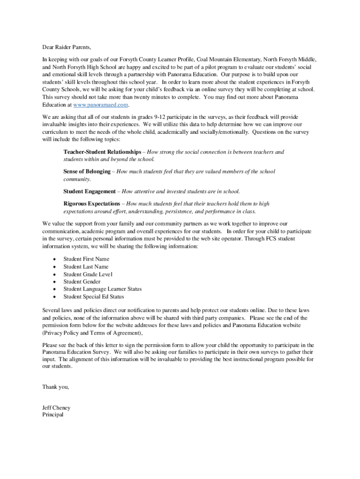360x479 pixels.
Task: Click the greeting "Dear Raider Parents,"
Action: click(x=66, y=47)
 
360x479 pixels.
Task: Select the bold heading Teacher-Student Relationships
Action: click(x=102, y=152)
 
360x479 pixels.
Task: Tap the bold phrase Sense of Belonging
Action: click(x=87, y=172)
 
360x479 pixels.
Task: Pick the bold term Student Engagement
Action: click(x=89, y=191)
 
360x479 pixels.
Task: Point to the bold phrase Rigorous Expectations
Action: click(x=92, y=203)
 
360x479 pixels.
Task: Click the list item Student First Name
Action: click(x=86, y=259)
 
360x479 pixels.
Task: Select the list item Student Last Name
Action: click(x=86, y=267)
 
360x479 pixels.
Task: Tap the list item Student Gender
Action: click(x=82, y=282)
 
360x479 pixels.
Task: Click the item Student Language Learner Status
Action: click(x=102, y=289)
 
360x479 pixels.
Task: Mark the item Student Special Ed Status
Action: click(x=94, y=297)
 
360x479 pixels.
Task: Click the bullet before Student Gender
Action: click(x=55, y=282)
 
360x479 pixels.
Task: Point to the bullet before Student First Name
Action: click(x=55, y=259)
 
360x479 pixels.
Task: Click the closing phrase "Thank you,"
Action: click(x=56, y=387)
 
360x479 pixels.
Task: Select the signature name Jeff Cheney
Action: click(x=56, y=408)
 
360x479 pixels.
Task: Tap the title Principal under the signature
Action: click(x=52, y=414)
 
